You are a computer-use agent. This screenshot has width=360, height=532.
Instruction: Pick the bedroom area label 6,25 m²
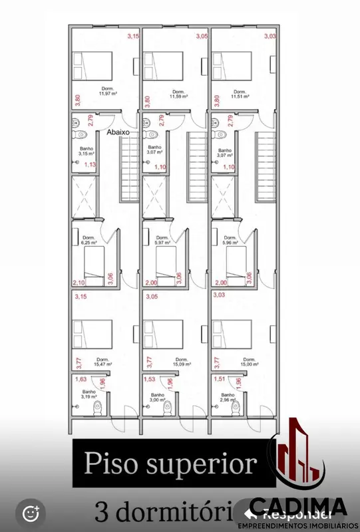click(89, 243)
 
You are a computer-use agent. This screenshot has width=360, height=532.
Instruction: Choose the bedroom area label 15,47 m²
click(103, 364)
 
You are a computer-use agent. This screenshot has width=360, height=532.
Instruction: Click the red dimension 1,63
click(81, 380)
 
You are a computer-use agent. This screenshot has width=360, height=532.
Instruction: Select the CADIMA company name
click(298, 505)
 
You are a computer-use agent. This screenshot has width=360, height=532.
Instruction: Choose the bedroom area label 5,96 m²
click(230, 243)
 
